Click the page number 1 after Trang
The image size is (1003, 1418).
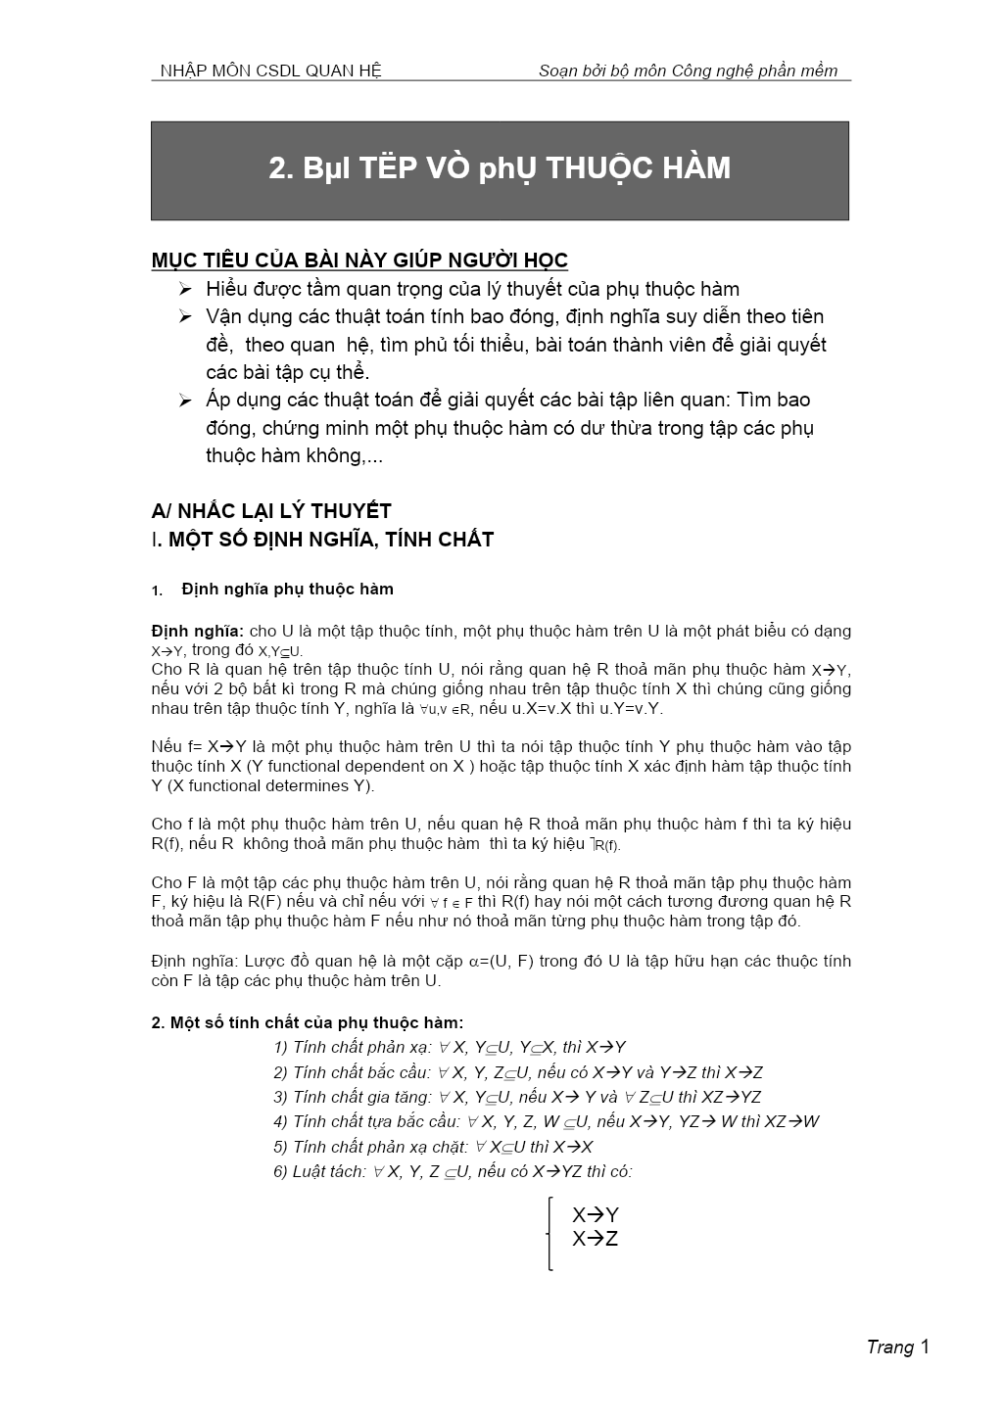(924, 1347)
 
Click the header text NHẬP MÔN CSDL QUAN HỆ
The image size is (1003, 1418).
(270, 71)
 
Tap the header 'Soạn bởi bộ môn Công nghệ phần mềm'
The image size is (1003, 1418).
(688, 71)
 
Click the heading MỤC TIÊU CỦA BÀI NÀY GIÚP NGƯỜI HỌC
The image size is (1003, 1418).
(359, 260)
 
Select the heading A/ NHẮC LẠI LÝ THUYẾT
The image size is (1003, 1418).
(271, 511)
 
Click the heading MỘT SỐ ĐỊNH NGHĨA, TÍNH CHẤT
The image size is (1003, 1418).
(331, 540)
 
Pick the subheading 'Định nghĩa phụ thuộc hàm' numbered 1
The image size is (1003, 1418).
(287, 590)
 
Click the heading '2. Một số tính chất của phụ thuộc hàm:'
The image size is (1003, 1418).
(308, 1023)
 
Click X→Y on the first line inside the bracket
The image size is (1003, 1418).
(596, 1215)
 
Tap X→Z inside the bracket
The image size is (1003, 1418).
(596, 1239)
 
